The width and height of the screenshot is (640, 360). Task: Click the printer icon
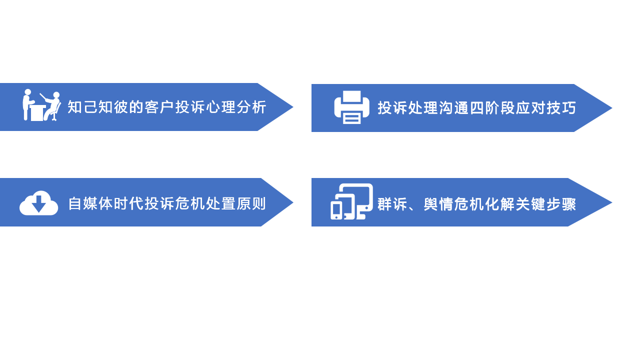pyautogui.click(x=351, y=107)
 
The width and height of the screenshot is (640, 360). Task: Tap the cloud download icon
pyautogui.click(x=39, y=203)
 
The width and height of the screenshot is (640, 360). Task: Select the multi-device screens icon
pyautogui.click(x=351, y=201)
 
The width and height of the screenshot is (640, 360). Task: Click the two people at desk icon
pyautogui.click(x=41, y=105)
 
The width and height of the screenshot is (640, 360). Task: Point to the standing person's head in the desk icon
pyautogui.click(x=27, y=92)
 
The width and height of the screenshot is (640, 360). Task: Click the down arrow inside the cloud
pyautogui.click(x=39, y=204)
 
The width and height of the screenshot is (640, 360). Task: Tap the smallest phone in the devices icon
pyautogui.click(x=336, y=210)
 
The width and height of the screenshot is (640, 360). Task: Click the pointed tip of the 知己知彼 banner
pyautogui.click(x=293, y=107)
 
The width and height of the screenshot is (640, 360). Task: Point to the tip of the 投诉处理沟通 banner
pyautogui.click(x=612, y=108)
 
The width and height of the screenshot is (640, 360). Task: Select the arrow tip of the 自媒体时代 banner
pyautogui.click(x=293, y=202)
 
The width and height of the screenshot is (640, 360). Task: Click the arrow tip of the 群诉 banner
pyautogui.click(x=612, y=202)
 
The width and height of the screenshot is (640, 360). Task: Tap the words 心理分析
pyautogui.click(x=236, y=107)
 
